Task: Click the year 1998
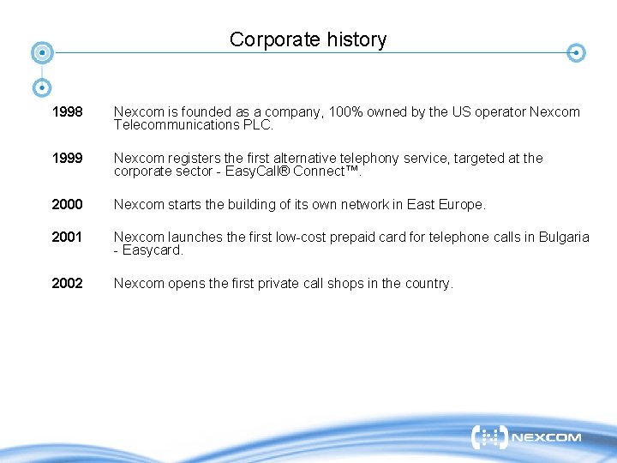click(67, 112)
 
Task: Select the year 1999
click(67, 159)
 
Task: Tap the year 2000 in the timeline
click(67, 205)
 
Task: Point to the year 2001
click(67, 238)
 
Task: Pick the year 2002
click(67, 284)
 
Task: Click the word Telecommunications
click(176, 125)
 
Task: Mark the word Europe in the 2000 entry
click(462, 205)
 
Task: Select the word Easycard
click(153, 250)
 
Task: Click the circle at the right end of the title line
click(578, 53)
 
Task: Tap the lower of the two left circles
click(42, 87)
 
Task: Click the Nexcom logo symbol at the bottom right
click(489, 437)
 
